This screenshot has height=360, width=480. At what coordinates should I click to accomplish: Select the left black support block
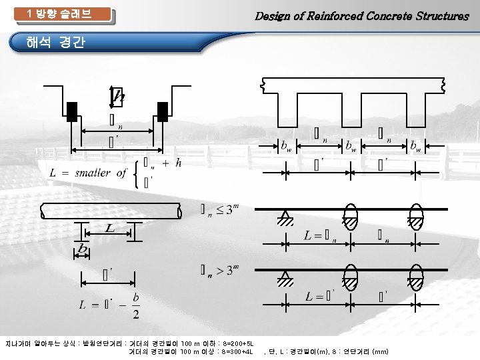(x=72, y=111)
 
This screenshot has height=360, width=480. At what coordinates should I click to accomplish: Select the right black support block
(x=162, y=111)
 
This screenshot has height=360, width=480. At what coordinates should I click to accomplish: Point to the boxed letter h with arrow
(x=117, y=97)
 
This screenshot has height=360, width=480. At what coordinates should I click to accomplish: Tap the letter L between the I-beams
(x=109, y=229)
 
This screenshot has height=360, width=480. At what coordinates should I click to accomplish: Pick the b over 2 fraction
(x=136, y=306)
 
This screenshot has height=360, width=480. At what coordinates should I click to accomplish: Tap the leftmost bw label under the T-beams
(x=285, y=145)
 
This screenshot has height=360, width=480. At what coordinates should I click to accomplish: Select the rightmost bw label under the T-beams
(x=415, y=145)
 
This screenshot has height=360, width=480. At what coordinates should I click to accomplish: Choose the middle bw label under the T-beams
(x=350, y=145)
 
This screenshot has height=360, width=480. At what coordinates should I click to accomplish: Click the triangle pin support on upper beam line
(x=286, y=218)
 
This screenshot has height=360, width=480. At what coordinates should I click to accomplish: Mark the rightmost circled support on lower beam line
(x=416, y=279)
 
